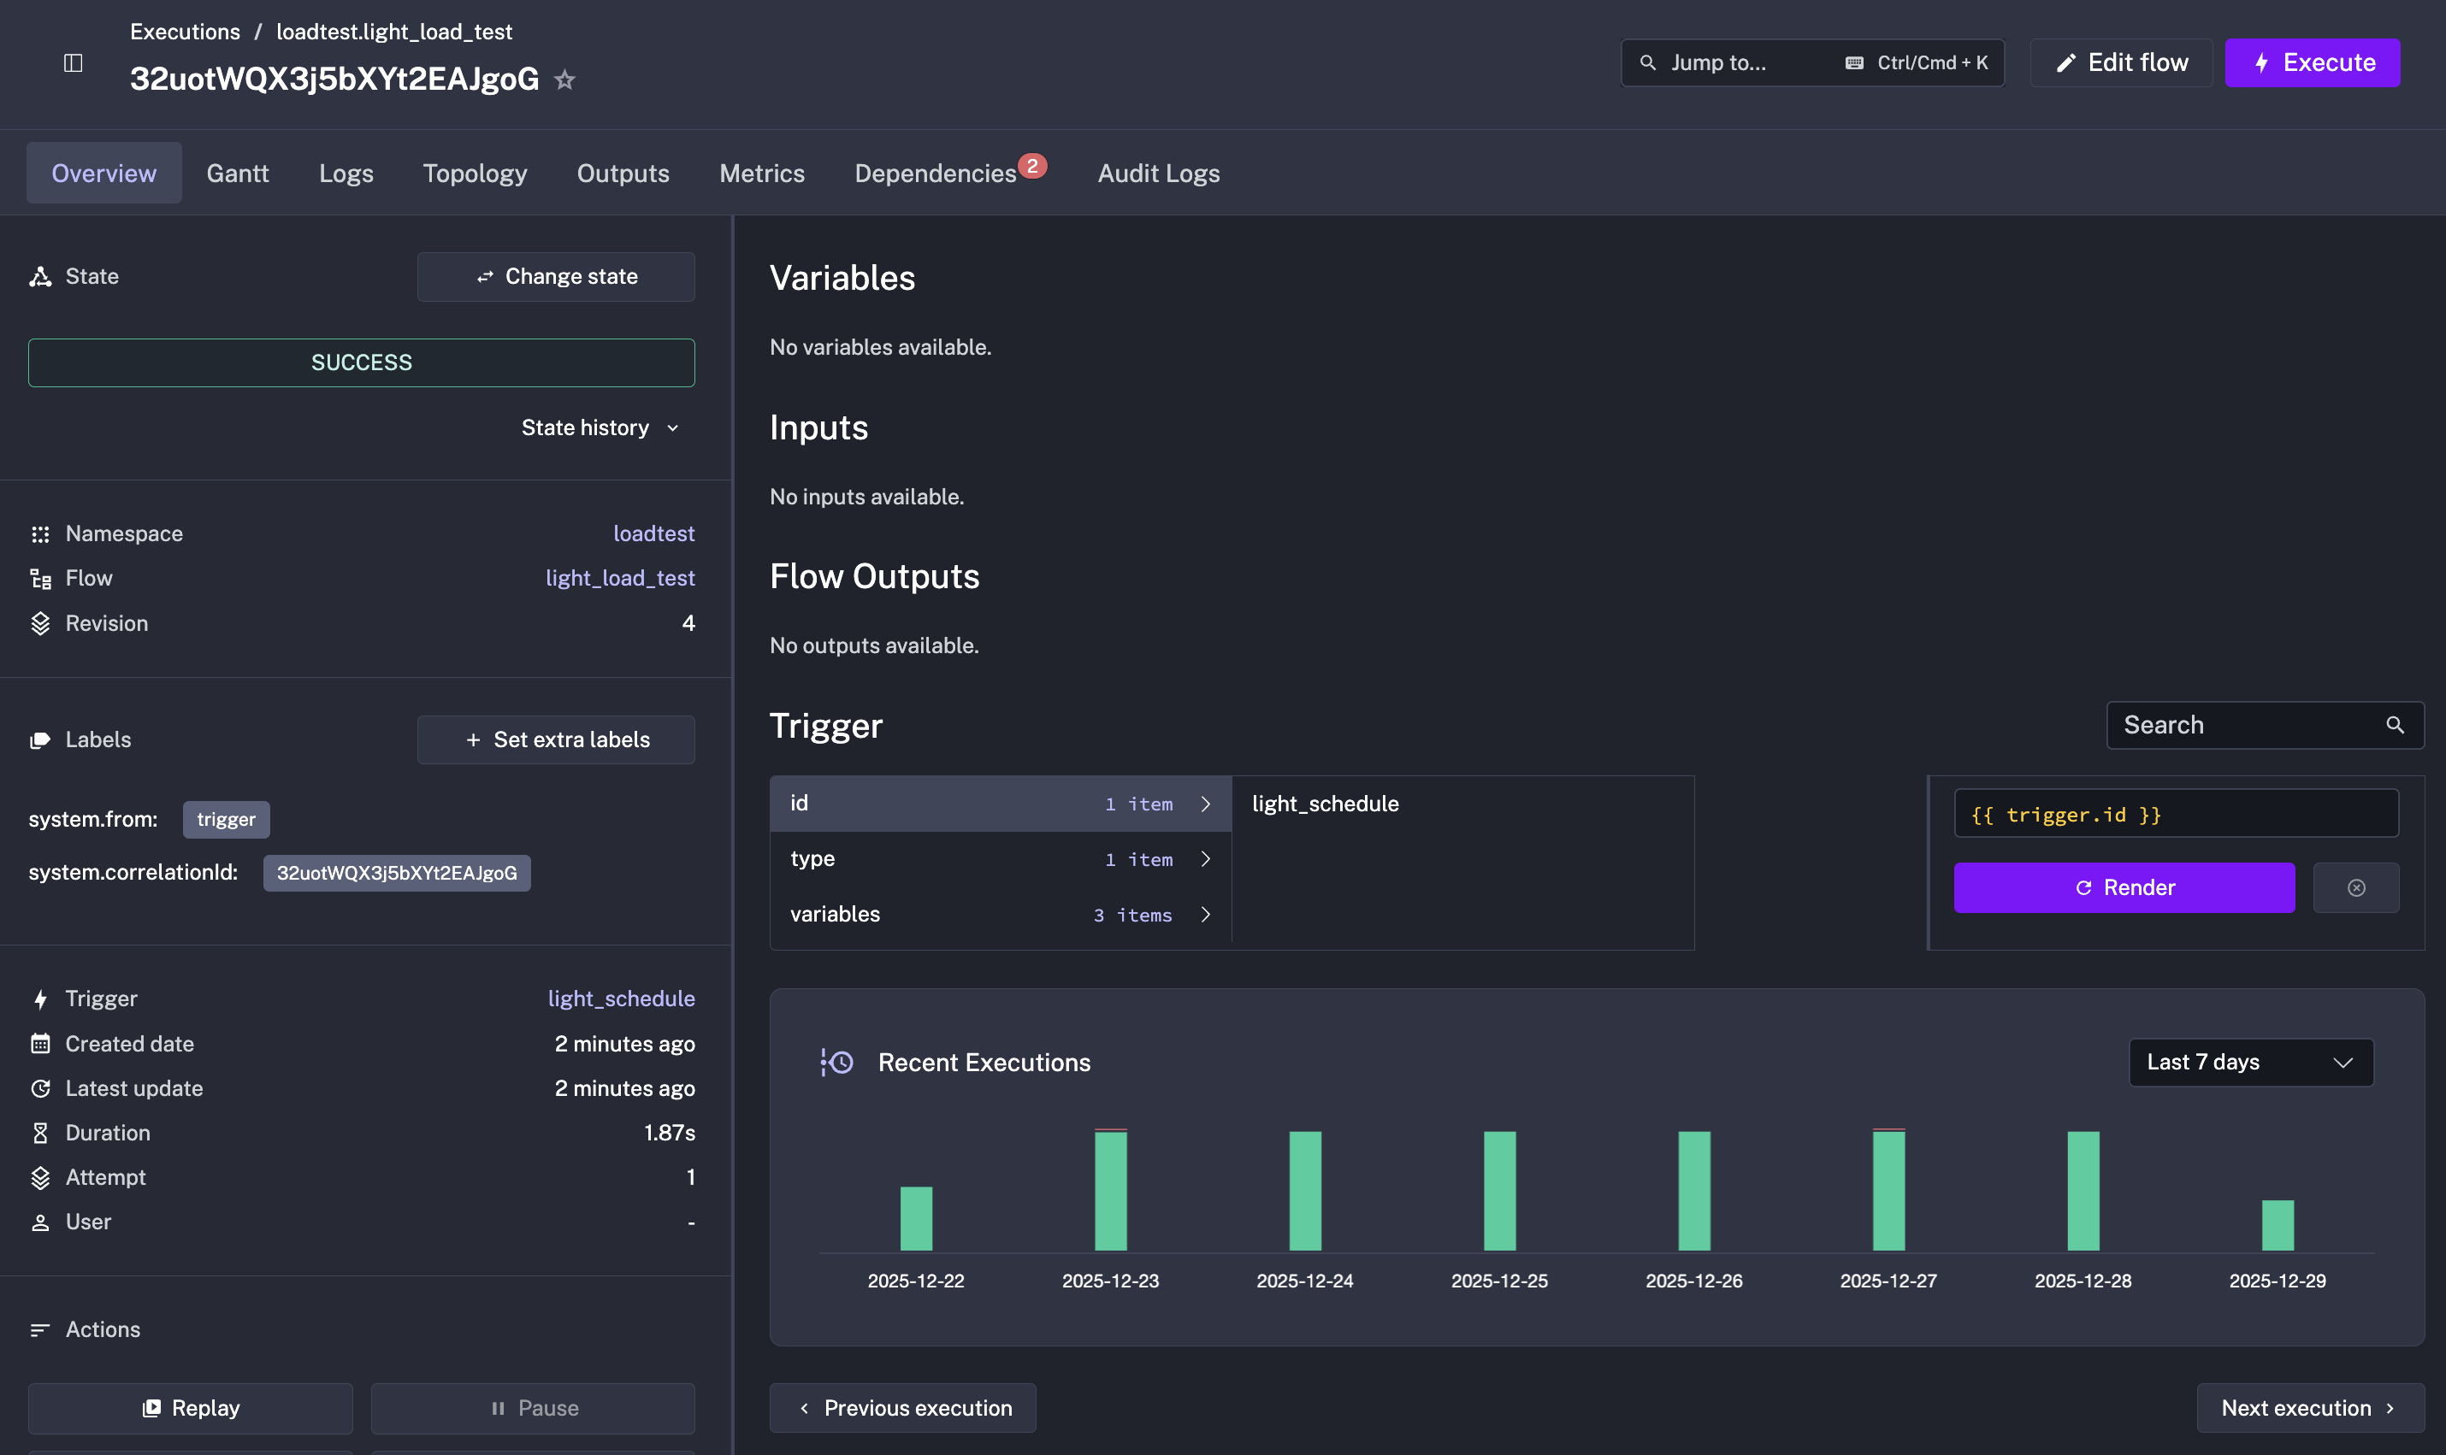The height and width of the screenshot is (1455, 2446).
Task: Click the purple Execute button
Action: (x=2312, y=62)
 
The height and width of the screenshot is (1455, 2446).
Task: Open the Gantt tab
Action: (x=238, y=174)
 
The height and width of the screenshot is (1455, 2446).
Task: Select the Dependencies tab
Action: (x=936, y=174)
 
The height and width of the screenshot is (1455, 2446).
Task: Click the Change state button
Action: (x=556, y=276)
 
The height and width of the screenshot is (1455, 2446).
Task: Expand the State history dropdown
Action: (x=600, y=427)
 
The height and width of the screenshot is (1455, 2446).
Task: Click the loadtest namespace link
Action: (x=653, y=533)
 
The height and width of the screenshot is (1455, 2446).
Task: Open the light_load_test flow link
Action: (x=620, y=579)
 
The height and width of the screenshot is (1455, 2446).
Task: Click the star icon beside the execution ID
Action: (x=565, y=80)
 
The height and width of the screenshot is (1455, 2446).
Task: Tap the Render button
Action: (x=2124, y=887)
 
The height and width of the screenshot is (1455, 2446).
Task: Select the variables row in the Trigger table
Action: (x=1001, y=914)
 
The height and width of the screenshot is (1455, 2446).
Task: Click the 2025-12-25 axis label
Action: (x=1498, y=1281)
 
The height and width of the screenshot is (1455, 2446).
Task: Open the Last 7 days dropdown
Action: (x=2250, y=1062)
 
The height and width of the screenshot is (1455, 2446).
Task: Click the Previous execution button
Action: (x=902, y=1408)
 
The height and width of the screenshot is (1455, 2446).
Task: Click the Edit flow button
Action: (x=2121, y=62)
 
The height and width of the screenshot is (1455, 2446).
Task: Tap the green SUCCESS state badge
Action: (x=361, y=362)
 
